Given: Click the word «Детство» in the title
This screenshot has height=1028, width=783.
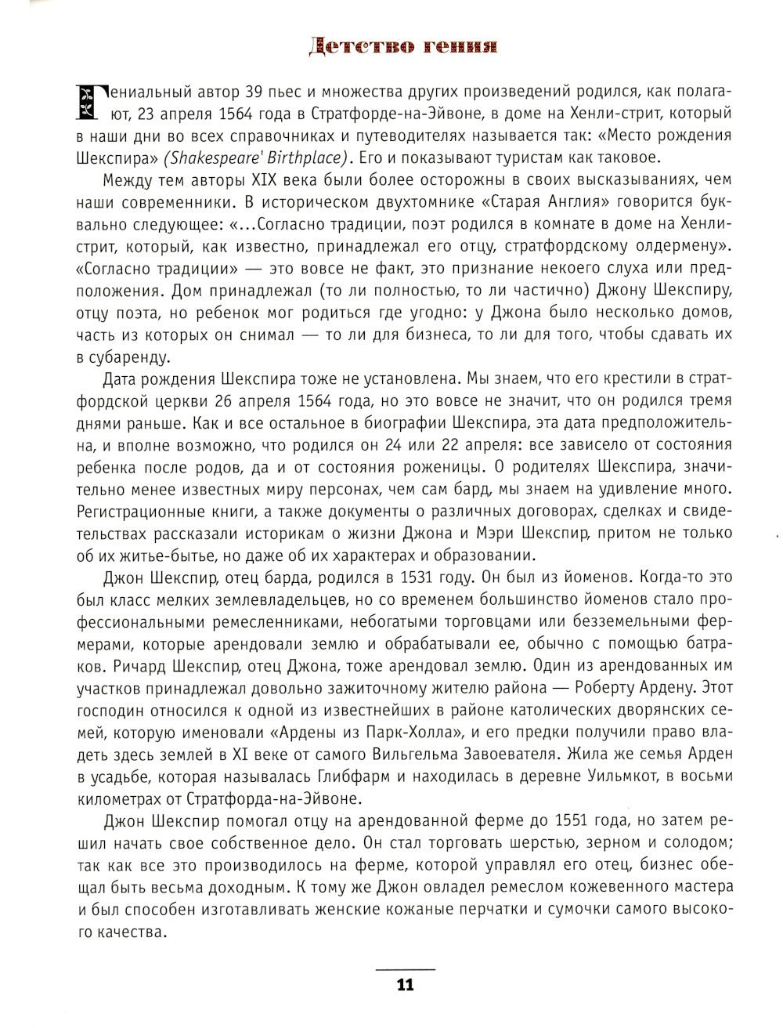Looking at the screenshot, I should click(359, 46).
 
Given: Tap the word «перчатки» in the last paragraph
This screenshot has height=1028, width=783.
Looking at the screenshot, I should click(497, 909).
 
